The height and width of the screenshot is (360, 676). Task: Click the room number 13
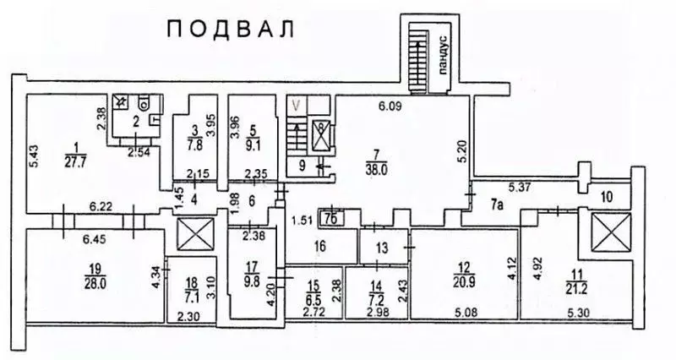click(381, 248)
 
